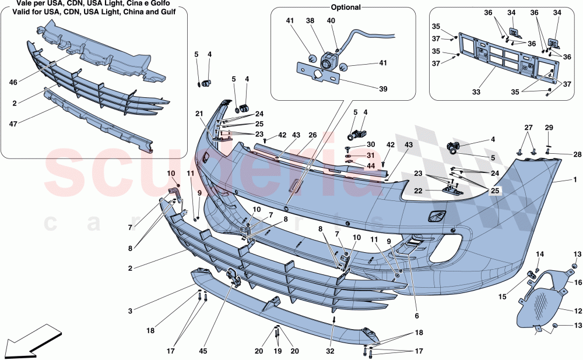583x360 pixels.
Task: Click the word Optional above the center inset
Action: pyautogui.click(x=346, y=8)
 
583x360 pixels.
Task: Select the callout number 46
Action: pyautogui.click(x=13, y=83)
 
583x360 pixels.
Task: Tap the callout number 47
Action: pyautogui.click(x=13, y=123)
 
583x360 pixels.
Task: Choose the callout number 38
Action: pyautogui.click(x=310, y=20)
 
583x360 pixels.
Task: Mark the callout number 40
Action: pyautogui.click(x=331, y=20)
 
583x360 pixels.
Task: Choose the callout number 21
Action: pyautogui.click(x=199, y=114)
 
